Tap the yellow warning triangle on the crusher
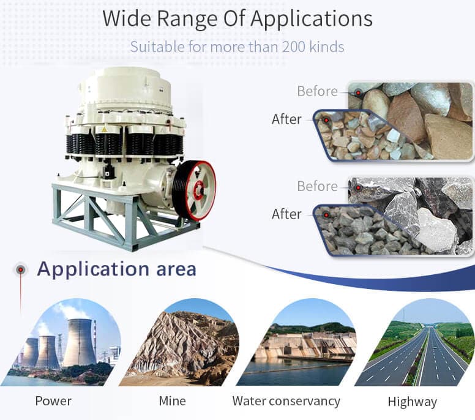point(104,130)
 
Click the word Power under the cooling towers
point(53,401)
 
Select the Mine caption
point(172,401)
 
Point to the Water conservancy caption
point(286,401)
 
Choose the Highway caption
point(413,402)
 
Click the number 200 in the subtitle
point(294,47)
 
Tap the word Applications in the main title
point(312,19)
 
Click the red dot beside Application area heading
point(20,269)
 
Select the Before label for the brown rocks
point(318,91)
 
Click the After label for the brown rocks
point(286,119)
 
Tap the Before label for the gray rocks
point(318,186)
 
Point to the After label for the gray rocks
point(286,214)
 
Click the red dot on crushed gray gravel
point(326,215)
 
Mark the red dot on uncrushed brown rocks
point(358,92)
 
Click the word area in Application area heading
point(176,270)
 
